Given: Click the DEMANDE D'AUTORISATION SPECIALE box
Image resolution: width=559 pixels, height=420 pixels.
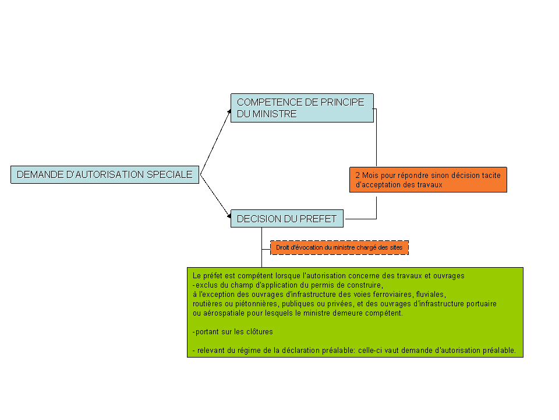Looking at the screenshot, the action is [105, 174].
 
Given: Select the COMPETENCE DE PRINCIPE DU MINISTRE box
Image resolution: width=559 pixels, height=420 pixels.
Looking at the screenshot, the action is [302, 108].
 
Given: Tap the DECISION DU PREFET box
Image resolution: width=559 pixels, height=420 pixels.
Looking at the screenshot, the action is [287, 219].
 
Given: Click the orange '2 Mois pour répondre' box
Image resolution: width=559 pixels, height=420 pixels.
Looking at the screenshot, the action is [428, 180].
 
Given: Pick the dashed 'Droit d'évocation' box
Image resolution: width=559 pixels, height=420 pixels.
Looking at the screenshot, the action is [339, 247].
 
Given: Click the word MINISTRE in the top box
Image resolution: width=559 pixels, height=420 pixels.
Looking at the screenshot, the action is [274, 114].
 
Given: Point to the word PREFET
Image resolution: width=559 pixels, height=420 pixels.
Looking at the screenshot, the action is [318, 219].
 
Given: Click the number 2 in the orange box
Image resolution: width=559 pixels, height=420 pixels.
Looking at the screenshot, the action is [358, 176].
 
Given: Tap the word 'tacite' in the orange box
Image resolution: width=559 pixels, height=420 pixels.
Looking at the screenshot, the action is [491, 176].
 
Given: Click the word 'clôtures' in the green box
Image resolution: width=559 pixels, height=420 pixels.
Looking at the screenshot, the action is [259, 332].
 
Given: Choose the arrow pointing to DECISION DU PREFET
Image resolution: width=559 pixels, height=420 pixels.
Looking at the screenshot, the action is [215, 196].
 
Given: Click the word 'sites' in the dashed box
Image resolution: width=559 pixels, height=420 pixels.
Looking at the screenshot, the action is [396, 247].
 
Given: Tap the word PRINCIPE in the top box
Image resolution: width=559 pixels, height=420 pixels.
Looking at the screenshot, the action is [342, 102].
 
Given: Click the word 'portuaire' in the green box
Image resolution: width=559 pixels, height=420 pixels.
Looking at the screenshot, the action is [482, 304].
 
